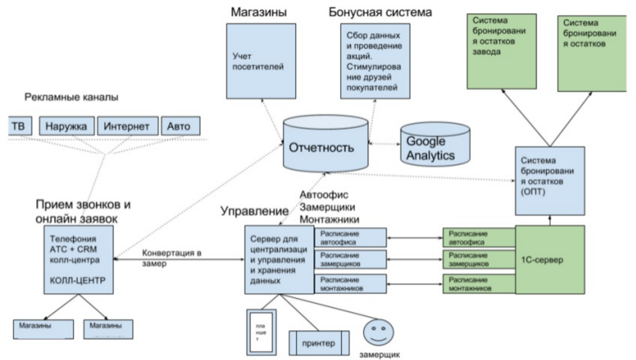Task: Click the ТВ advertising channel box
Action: pos(18,126)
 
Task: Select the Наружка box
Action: pos(67,126)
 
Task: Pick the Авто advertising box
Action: pos(179,126)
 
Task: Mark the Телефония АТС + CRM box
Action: pos(78,259)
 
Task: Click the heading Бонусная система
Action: pos(380,11)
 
